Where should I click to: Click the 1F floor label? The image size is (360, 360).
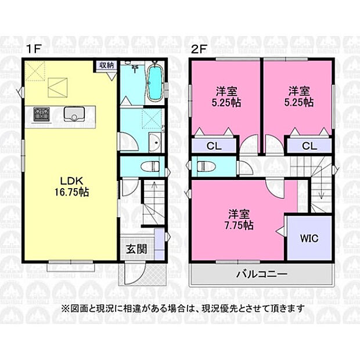[x=34, y=49]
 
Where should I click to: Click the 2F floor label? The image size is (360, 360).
[x=199, y=49]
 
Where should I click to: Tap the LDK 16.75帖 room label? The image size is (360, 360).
[x=71, y=186]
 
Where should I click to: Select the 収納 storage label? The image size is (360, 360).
[x=106, y=65]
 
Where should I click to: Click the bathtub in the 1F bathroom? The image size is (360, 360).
[x=155, y=82]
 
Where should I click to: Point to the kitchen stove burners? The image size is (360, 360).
[x=42, y=114]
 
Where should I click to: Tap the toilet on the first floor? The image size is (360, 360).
[x=150, y=166]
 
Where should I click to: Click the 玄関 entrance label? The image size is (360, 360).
[x=136, y=249]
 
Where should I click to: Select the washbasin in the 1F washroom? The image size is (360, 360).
[x=155, y=142]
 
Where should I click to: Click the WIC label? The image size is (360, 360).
[x=309, y=238]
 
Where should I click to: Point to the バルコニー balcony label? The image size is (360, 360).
[x=262, y=274]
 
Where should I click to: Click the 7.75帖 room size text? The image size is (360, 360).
[x=239, y=226]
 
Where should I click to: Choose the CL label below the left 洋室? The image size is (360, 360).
[x=214, y=146]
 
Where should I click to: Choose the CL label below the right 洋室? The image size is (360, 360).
[x=309, y=146]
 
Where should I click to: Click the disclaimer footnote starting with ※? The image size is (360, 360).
[x=183, y=308]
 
